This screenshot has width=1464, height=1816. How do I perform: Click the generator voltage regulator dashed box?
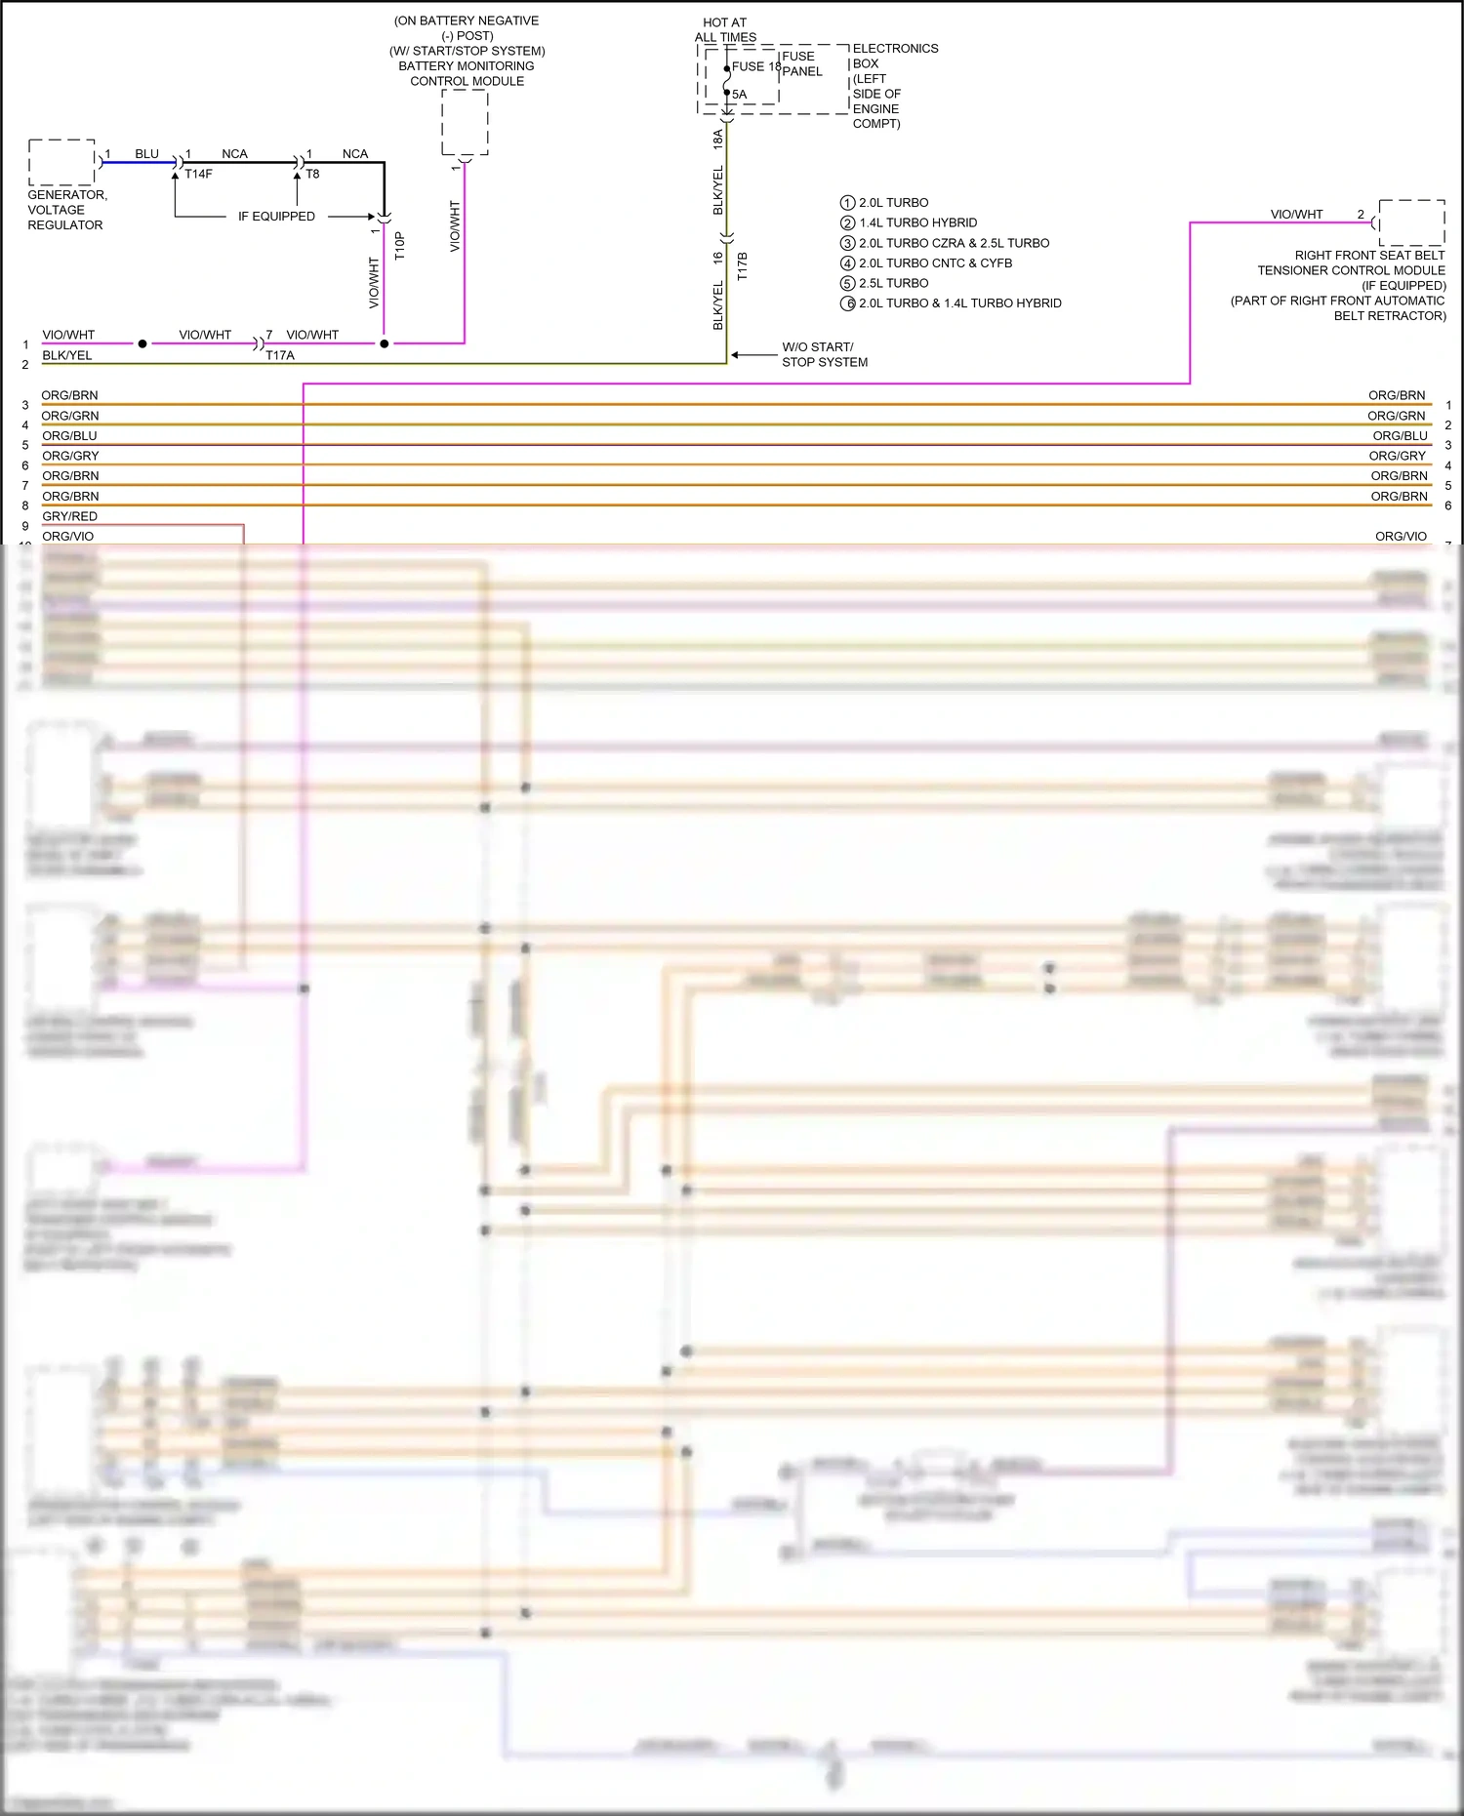click(61, 162)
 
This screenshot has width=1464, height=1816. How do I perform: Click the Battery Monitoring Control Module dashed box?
click(465, 122)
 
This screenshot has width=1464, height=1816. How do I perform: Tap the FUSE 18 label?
click(756, 66)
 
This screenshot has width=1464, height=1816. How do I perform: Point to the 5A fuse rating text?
click(740, 95)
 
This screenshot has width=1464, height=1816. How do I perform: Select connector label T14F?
click(198, 174)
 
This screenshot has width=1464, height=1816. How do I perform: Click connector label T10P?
click(399, 245)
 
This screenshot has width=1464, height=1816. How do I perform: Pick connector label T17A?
click(280, 355)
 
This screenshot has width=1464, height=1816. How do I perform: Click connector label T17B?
click(742, 266)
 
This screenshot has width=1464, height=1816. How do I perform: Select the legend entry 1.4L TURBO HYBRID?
click(917, 222)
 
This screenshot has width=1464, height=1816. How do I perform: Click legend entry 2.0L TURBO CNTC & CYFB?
click(935, 262)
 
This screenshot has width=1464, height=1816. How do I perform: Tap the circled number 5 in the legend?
click(847, 283)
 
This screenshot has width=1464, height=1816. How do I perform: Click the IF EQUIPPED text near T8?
click(276, 217)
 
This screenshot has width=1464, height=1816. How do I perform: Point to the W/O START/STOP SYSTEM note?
click(824, 354)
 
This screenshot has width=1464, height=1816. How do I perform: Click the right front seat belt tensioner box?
click(1411, 222)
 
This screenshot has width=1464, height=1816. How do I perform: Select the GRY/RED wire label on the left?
click(69, 516)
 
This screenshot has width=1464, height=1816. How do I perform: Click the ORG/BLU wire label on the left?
click(69, 435)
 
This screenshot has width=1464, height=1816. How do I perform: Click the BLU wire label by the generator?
click(146, 154)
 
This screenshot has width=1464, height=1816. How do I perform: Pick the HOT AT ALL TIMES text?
click(725, 29)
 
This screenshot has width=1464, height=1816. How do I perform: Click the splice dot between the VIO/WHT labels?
click(142, 343)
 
